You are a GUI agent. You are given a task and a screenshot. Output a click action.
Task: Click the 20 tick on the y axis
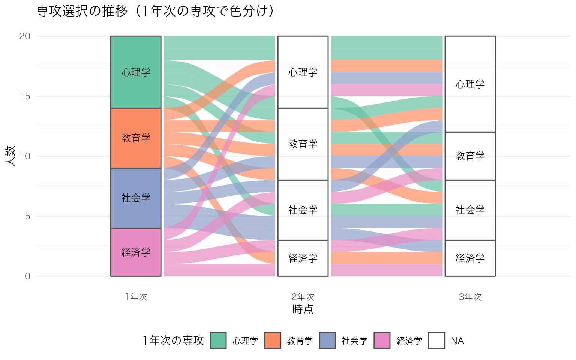click(x=25, y=36)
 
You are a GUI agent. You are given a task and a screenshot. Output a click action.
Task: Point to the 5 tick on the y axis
click(x=27, y=216)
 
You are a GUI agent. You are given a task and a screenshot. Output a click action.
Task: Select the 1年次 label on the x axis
click(x=136, y=297)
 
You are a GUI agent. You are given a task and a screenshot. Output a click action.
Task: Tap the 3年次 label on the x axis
click(x=470, y=297)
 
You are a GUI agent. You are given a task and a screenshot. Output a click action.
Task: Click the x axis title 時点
click(x=303, y=309)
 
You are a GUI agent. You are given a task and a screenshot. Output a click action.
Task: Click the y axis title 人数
click(x=10, y=156)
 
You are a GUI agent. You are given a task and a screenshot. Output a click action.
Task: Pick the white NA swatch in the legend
click(x=436, y=340)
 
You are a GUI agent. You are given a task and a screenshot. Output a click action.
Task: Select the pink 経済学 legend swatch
click(x=382, y=340)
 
